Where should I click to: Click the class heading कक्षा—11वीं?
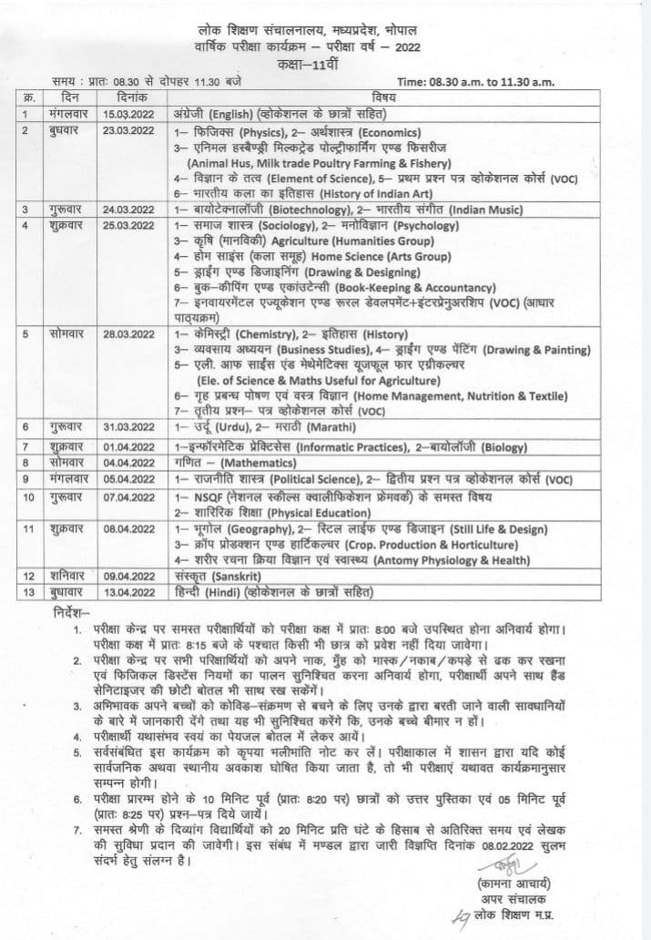[326, 66]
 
